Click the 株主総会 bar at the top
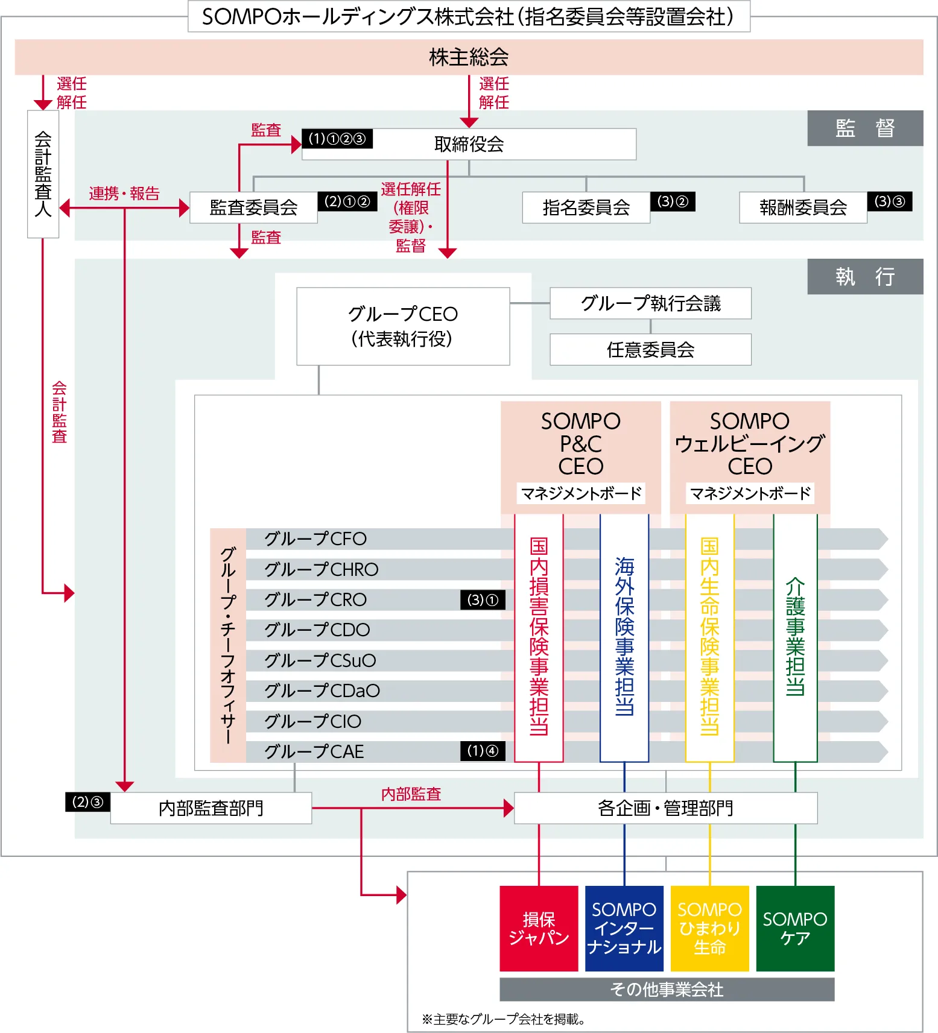click(469, 57)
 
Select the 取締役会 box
click(469, 144)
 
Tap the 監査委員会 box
click(253, 207)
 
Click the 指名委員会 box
click(586, 207)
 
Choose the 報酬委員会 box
click(803, 207)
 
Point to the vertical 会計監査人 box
click(43, 174)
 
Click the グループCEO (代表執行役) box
click(403, 326)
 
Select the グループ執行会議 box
click(650, 303)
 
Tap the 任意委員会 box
click(650, 350)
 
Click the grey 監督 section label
click(864, 128)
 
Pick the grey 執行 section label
click(864, 276)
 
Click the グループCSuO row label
click(320, 660)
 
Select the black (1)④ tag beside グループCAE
click(483, 751)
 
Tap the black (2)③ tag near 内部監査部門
click(87, 802)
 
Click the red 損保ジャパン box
click(539, 929)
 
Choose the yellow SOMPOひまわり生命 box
click(709, 929)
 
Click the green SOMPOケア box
click(795, 929)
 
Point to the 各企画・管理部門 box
click(665, 808)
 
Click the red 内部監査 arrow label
click(411, 794)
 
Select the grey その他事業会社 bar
click(667, 990)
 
